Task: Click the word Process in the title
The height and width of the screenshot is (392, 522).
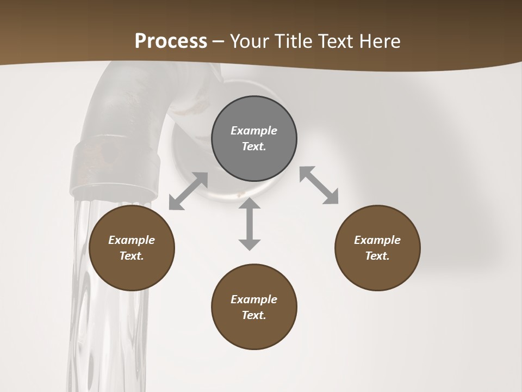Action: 171,41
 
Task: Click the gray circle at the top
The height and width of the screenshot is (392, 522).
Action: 254,139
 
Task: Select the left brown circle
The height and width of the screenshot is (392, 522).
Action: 132,248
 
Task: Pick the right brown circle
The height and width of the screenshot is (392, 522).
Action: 377,248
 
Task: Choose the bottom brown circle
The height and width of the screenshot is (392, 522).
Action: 254,307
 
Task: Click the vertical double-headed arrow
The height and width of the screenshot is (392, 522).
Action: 250,224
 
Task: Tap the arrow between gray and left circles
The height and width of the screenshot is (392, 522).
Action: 188,191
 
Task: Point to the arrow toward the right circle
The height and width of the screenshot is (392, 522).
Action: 319,185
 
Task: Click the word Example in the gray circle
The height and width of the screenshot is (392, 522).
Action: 254,131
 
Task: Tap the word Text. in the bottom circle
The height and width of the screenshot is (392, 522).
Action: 254,315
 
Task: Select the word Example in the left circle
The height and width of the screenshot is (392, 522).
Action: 132,240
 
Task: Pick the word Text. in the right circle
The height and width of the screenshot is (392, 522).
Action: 377,256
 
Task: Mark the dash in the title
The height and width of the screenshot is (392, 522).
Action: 219,41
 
